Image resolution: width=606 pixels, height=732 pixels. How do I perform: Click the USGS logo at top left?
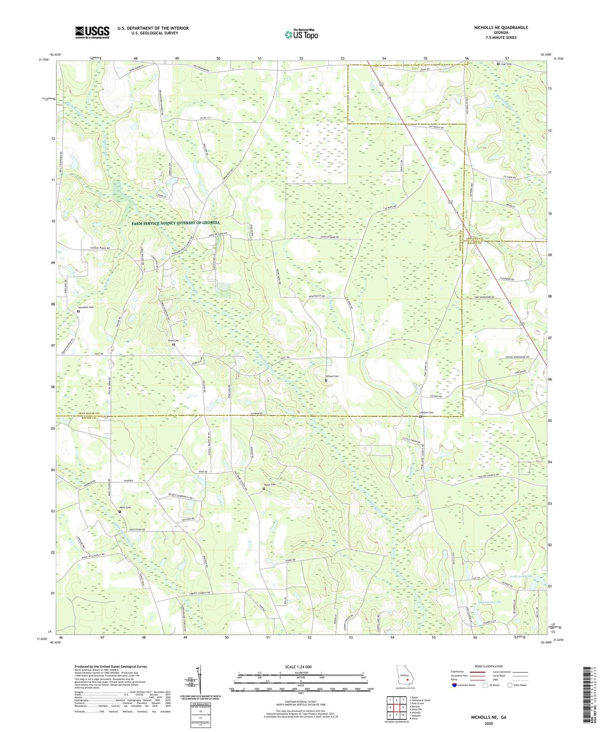[92, 32]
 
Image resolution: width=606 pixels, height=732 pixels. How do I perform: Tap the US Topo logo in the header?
[301, 34]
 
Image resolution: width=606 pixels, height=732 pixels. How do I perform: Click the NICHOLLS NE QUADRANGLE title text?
[501, 28]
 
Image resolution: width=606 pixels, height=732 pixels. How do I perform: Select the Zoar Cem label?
[506, 64]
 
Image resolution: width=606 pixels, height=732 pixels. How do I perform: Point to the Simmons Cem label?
[86, 307]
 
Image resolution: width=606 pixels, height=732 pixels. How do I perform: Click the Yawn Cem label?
[174, 340]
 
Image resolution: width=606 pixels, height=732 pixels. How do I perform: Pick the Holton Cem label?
[427, 413]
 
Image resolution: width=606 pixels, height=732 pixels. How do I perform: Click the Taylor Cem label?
[270, 485]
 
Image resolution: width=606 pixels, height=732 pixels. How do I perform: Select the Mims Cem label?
[125, 508]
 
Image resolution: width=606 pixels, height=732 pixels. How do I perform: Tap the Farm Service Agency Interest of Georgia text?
[175, 223]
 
